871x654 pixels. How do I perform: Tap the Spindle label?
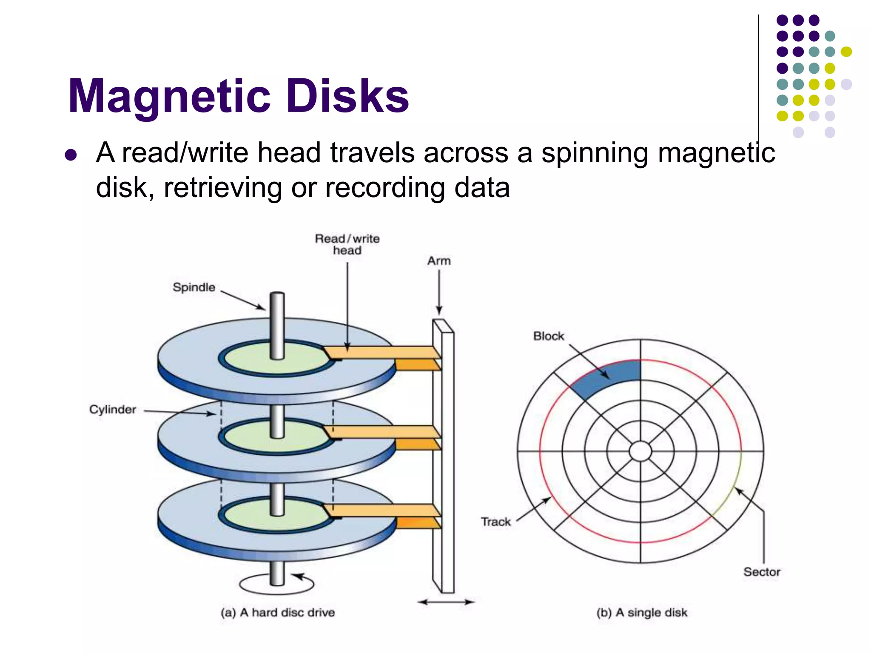pos(194,287)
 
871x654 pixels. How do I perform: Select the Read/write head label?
pos(347,244)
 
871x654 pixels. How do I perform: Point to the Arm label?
pos(439,261)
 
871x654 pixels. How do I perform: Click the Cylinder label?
pos(112,410)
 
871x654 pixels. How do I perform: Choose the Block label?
pos(548,336)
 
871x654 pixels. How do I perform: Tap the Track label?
pos(495,522)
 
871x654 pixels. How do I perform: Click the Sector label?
pos(762,572)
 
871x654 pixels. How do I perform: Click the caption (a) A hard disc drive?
pos(278,613)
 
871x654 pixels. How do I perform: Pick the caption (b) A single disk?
pos(642,613)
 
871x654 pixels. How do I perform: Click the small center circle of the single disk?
pos(640,451)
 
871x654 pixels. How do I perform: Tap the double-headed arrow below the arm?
pos(446,602)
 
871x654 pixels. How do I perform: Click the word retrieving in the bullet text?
pos(222,188)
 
